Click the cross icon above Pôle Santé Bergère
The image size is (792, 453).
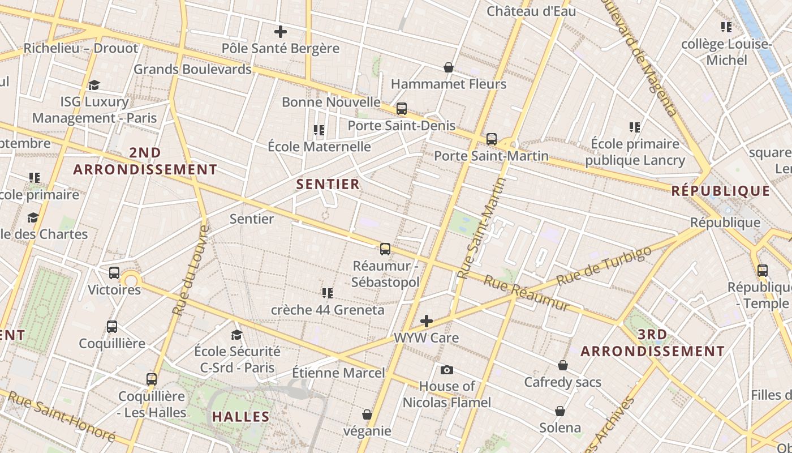pos(280,32)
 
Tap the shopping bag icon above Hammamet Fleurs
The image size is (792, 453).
pos(449,68)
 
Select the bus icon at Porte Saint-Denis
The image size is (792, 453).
pos(402,109)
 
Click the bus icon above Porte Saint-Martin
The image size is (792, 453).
pos(492,139)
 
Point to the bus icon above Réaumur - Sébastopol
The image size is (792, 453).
pos(385,249)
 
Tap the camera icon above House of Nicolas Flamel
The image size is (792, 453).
pos(447,370)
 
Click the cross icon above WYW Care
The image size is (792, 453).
pos(427,322)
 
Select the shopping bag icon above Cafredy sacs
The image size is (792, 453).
pos(562,366)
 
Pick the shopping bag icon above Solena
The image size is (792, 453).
pos(560,411)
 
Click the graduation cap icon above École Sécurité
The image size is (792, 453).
pos(237,335)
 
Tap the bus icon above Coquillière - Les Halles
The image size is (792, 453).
pos(152,379)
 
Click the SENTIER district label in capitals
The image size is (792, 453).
pos(328,184)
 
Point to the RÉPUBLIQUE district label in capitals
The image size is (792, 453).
pos(721,191)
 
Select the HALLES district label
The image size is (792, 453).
pos(241,417)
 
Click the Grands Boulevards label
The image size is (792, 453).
pos(192,70)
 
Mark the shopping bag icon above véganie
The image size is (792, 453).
pos(367,415)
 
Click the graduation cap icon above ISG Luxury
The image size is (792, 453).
pos(94,86)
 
